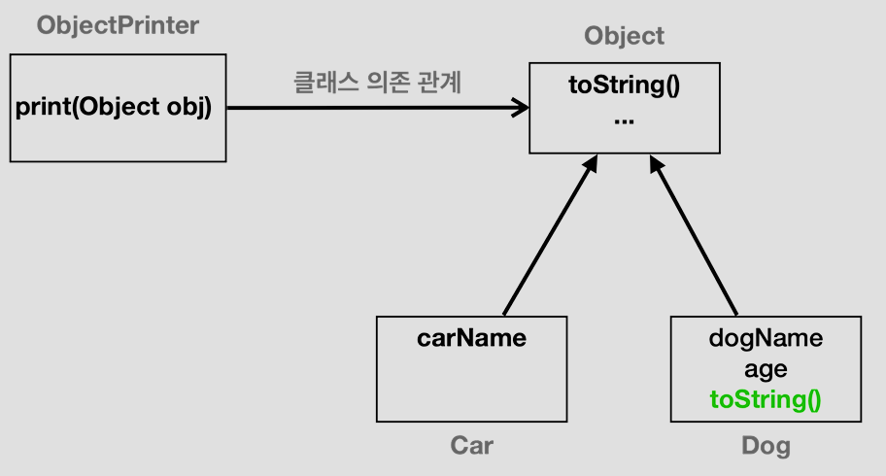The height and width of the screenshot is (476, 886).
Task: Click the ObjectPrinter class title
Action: [118, 26]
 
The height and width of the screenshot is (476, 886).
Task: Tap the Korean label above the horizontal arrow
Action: [378, 83]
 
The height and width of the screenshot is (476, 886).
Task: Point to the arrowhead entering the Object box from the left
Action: [520, 108]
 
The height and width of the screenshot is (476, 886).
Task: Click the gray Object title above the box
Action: [624, 37]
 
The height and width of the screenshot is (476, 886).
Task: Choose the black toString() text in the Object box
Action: [624, 85]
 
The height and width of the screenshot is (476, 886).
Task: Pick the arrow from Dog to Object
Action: [695, 238]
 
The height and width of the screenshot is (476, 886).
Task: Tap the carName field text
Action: [471, 338]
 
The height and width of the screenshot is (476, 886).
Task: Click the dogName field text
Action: [766, 338]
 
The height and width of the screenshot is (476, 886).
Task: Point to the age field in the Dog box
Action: [766, 369]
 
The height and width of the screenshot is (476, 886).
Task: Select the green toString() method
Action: [766, 400]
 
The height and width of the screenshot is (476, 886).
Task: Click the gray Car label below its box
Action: [471, 446]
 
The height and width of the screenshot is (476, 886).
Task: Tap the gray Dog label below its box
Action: [766, 446]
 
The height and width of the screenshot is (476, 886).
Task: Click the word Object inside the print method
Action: [116, 107]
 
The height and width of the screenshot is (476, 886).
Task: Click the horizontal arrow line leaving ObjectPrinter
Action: [369, 108]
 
